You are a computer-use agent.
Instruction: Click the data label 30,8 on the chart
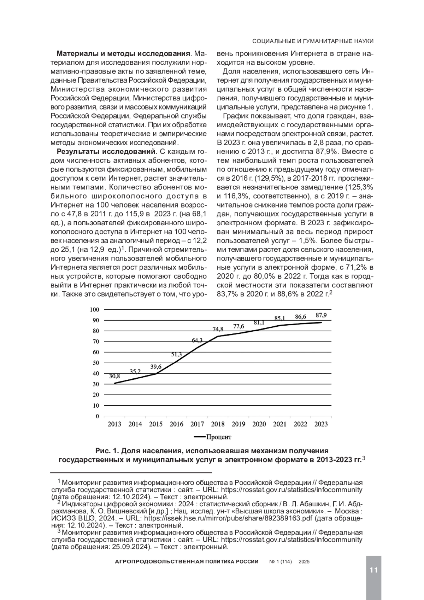coord(114,376)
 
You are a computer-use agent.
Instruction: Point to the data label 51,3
coord(177,354)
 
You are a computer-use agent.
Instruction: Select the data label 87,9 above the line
coord(321,315)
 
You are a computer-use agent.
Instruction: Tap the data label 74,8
coord(218,329)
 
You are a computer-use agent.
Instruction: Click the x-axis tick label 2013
coord(114,424)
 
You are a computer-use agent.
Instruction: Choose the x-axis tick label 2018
coord(218,424)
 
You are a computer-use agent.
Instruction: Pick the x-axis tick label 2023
coord(321,424)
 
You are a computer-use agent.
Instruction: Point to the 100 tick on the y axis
coord(95,310)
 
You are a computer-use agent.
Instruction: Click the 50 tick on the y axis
coord(96,363)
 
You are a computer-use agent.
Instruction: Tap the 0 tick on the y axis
coord(97,416)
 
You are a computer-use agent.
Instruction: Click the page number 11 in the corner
coord(373,570)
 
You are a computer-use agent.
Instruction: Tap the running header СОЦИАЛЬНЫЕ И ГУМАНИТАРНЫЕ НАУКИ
coord(313,41)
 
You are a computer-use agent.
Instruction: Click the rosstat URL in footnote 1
coord(291,490)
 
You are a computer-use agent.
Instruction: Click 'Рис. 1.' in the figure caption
coord(107,451)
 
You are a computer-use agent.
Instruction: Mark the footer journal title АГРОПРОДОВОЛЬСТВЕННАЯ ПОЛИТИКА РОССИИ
coord(187,561)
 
